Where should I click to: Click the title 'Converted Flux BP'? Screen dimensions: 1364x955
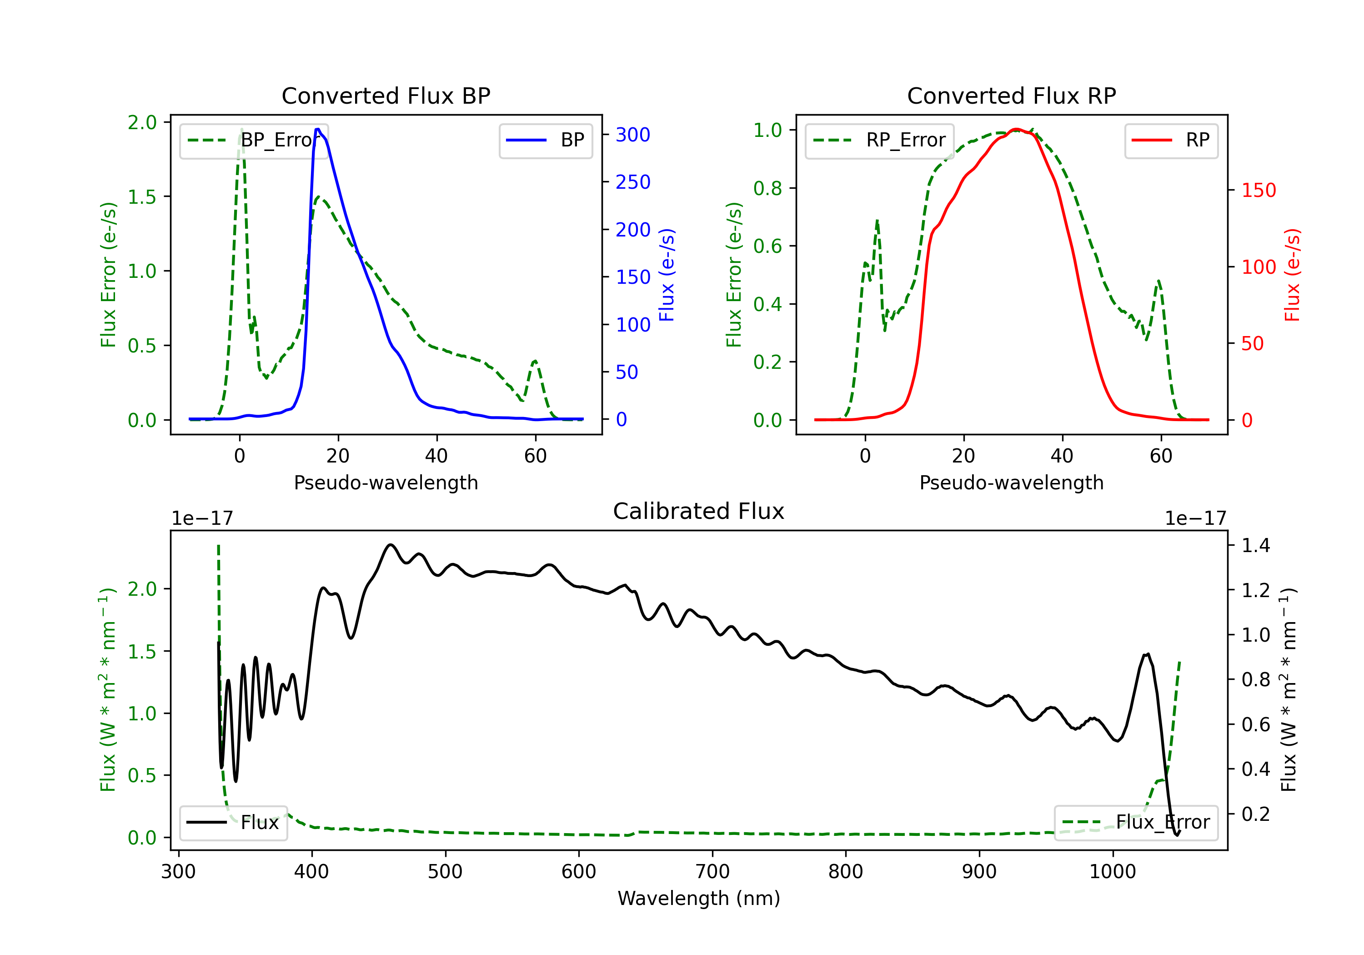point(386,95)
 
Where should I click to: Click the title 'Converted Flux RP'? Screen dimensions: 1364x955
point(1011,95)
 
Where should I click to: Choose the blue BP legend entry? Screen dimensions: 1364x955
point(545,140)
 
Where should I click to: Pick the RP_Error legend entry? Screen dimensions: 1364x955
point(879,140)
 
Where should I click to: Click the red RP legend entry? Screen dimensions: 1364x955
point(1170,140)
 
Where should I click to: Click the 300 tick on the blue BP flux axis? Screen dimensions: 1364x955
point(633,135)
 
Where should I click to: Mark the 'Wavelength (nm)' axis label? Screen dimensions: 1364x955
point(699,898)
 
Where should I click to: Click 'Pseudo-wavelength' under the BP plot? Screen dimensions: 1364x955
point(386,483)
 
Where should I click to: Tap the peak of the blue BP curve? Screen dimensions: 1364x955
point(318,129)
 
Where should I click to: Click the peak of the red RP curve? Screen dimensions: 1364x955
point(1017,129)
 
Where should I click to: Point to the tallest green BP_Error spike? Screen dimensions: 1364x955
point(241,129)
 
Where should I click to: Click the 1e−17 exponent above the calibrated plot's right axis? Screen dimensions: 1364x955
point(1195,518)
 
